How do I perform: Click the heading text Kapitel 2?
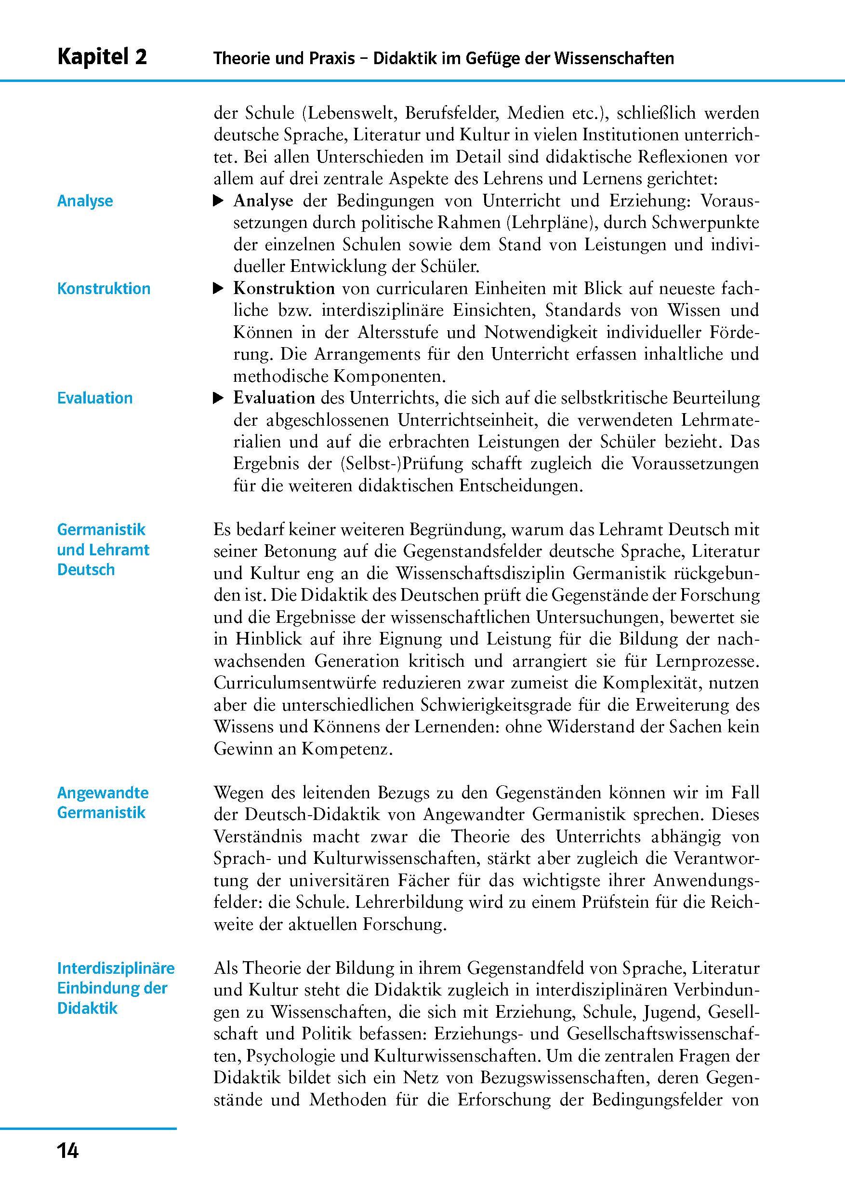pos(102,57)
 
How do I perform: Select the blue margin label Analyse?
pos(85,201)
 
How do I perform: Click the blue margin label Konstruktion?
pos(104,289)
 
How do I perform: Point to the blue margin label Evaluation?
pos(95,398)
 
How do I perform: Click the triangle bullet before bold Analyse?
pos(219,201)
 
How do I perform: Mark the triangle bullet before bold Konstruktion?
pos(219,288)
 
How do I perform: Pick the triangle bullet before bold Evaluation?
pos(219,399)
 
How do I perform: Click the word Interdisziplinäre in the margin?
pos(116,968)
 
